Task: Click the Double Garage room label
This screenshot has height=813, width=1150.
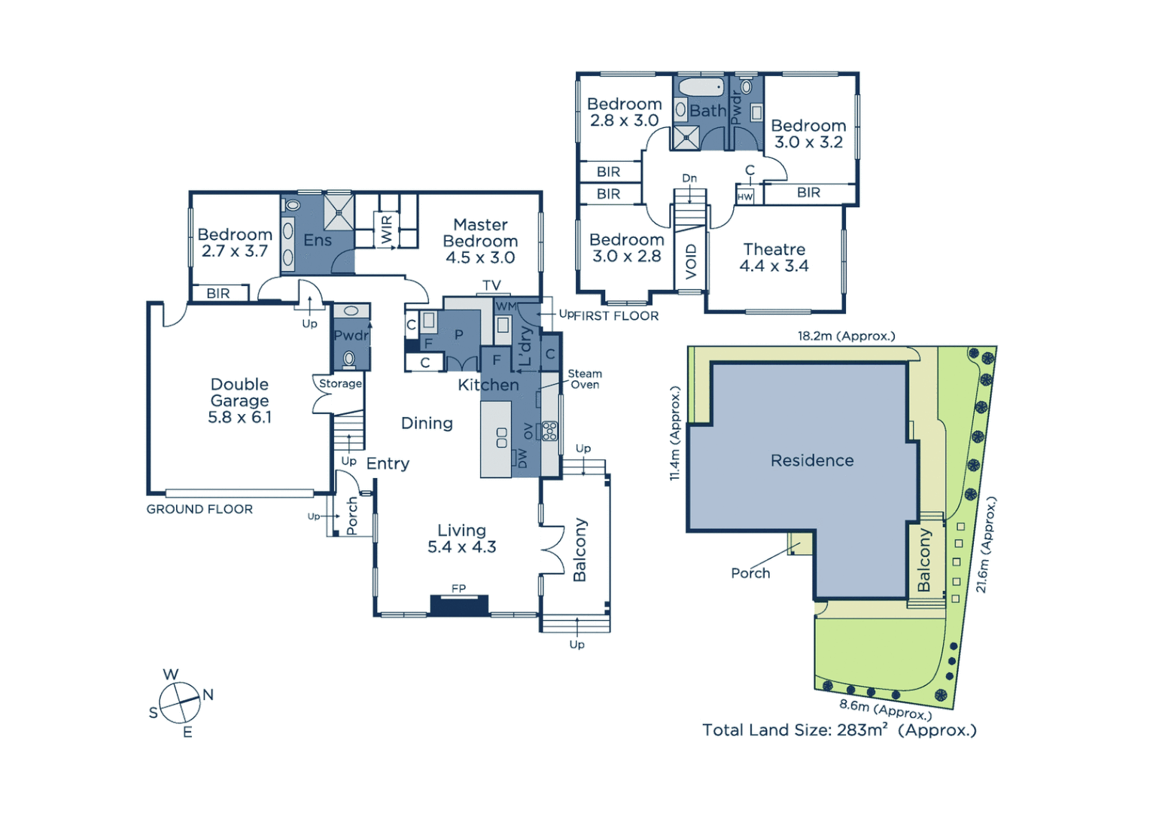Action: [x=239, y=400]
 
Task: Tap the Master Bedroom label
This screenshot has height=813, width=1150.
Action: [x=480, y=241]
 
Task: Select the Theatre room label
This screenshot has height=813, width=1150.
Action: [x=774, y=257]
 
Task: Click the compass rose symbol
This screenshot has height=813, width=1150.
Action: [x=180, y=702]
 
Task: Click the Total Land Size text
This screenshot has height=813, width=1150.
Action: [x=838, y=729]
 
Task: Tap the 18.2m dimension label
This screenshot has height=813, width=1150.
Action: [x=846, y=336]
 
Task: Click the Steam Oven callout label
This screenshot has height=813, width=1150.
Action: [x=584, y=379]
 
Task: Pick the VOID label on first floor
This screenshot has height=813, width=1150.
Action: [x=691, y=261]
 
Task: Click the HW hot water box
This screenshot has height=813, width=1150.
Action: [x=745, y=196]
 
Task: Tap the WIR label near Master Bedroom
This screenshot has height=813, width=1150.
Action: [x=387, y=230]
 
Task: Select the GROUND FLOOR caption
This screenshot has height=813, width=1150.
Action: [x=199, y=509]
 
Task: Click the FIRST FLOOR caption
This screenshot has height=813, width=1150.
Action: [x=616, y=316]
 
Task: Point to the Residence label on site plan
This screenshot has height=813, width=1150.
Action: [x=812, y=460]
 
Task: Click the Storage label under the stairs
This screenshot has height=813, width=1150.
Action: [x=340, y=383]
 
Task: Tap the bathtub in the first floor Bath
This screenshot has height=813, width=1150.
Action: [x=700, y=87]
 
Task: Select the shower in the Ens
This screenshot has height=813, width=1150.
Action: [x=339, y=211]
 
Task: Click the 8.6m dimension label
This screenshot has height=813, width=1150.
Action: [x=885, y=709]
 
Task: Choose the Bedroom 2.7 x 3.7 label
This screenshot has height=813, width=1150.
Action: [x=235, y=242]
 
